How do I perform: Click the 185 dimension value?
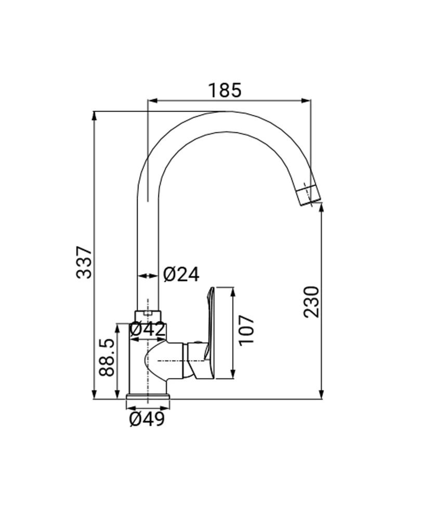(x=225, y=90)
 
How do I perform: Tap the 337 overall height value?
(x=84, y=262)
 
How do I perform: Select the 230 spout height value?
(x=312, y=302)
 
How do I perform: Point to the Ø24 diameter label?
(x=181, y=274)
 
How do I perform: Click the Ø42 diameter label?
(x=147, y=329)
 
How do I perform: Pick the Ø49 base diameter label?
(x=147, y=419)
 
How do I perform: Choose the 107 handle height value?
(x=247, y=330)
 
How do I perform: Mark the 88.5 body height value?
(x=107, y=357)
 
